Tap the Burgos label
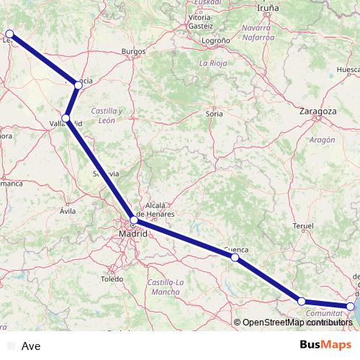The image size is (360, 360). (x=134, y=52)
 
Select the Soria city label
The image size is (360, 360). (x=214, y=113)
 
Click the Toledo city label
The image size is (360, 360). (x=112, y=278)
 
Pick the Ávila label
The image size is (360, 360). (x=68, y=211)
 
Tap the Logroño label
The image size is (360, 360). (x=215, y=41)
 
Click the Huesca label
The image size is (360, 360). (x=348, y=69)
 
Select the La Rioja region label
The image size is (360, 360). (x=213, y=63)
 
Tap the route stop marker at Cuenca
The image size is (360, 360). (x=235, y=257)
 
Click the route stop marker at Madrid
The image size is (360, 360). (x=132, y=220)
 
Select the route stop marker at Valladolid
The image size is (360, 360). (x=66, y=118)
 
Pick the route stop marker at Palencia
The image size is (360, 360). (x=78, y=85)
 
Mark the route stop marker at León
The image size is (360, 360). (x=9, y=33)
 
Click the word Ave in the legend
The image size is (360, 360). (x=32, y=346)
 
